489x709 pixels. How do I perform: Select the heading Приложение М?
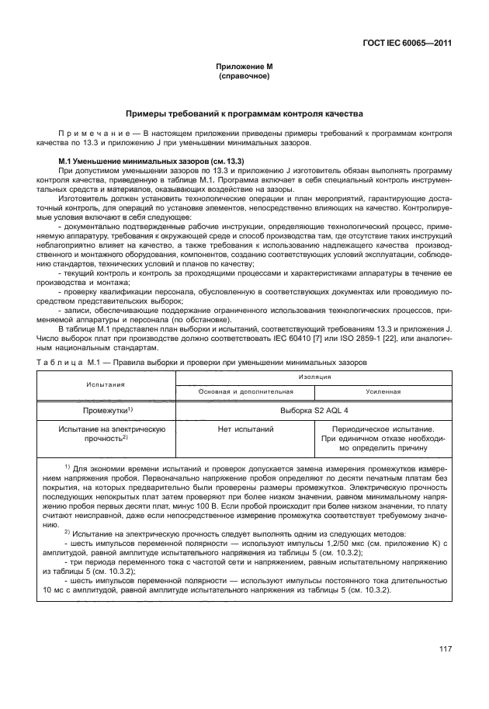click(x=244, y=68)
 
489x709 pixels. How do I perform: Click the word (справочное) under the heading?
click(x=244, y=77)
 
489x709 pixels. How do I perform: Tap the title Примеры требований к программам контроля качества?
click(x=244, y=114)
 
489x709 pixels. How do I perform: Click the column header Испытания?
click(x=107, y=384)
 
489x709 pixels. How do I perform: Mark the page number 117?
click(x=445, y=650)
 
